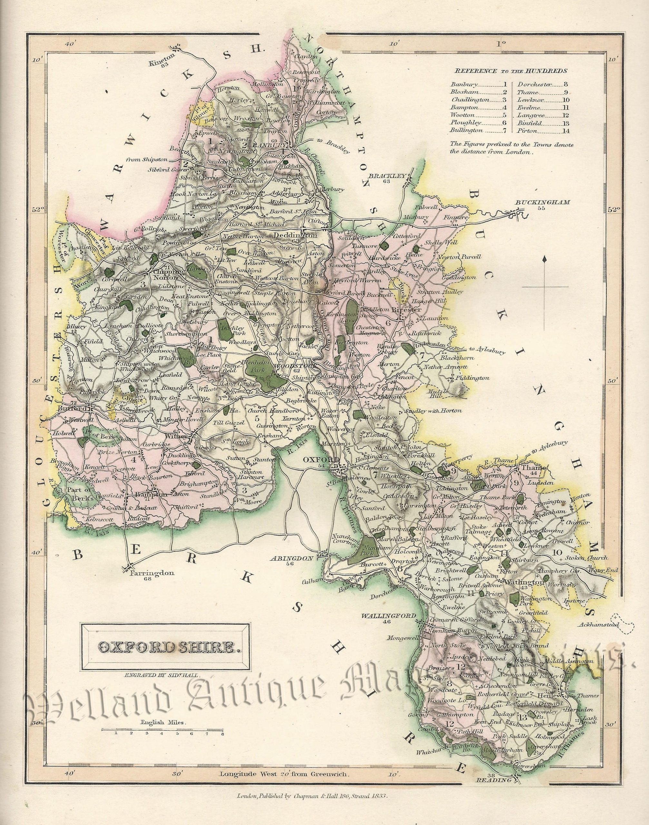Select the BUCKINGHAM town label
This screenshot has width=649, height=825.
coord(542,202)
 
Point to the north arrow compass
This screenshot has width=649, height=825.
coord(546,287)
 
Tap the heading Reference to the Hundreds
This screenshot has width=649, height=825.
coord(512,70)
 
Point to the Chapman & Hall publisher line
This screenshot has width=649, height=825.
coord(311,815)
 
